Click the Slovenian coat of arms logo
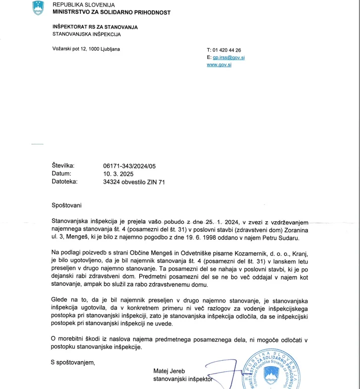click(x=38, y=7)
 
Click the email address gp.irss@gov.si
click(x=228, y=58)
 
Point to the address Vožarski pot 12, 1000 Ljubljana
click(x=86, y=49)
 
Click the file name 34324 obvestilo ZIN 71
click(x=134, y=182)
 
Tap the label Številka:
click(x=63, y=166)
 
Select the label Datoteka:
click(x=64, y=182)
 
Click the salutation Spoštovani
click(x=66, y=205)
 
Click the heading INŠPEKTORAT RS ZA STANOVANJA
click(x=95, y=27)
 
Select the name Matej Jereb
click(x=170, y=371)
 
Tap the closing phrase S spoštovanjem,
click(x=73, y=362)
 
